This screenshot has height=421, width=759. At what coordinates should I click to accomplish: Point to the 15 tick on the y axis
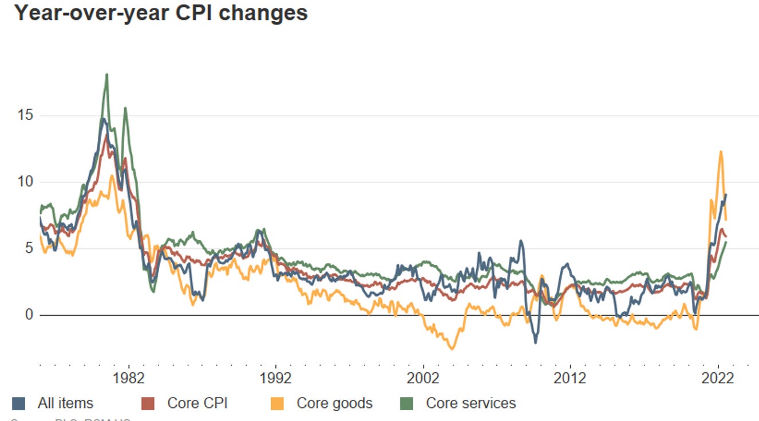tap(24, 116)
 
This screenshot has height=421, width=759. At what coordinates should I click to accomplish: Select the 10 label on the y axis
tap(24, 182)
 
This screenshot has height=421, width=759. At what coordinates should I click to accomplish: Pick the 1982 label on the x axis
tap(128, 378)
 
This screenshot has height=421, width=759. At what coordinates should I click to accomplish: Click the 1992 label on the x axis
tap(276, 378)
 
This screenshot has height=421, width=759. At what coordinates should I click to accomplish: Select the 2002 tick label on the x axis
tap(423, 378)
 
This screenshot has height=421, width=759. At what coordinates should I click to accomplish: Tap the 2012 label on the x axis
tap(570, 378)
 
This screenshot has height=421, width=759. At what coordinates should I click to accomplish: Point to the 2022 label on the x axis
tap(718, 378)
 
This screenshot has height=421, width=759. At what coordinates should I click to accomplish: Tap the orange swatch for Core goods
tap(276, 403)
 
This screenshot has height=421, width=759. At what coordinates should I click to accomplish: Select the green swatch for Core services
tap(406, 403)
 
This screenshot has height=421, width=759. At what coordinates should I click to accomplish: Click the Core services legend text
tap(471, 403)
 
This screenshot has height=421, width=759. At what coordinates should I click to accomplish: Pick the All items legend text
tap(65, 403)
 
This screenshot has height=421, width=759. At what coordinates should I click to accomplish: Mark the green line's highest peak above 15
tap(106, 75)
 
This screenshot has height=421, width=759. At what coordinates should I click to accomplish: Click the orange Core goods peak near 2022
tap(721, 152)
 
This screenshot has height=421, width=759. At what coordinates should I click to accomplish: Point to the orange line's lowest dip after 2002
tap(452, 348)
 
